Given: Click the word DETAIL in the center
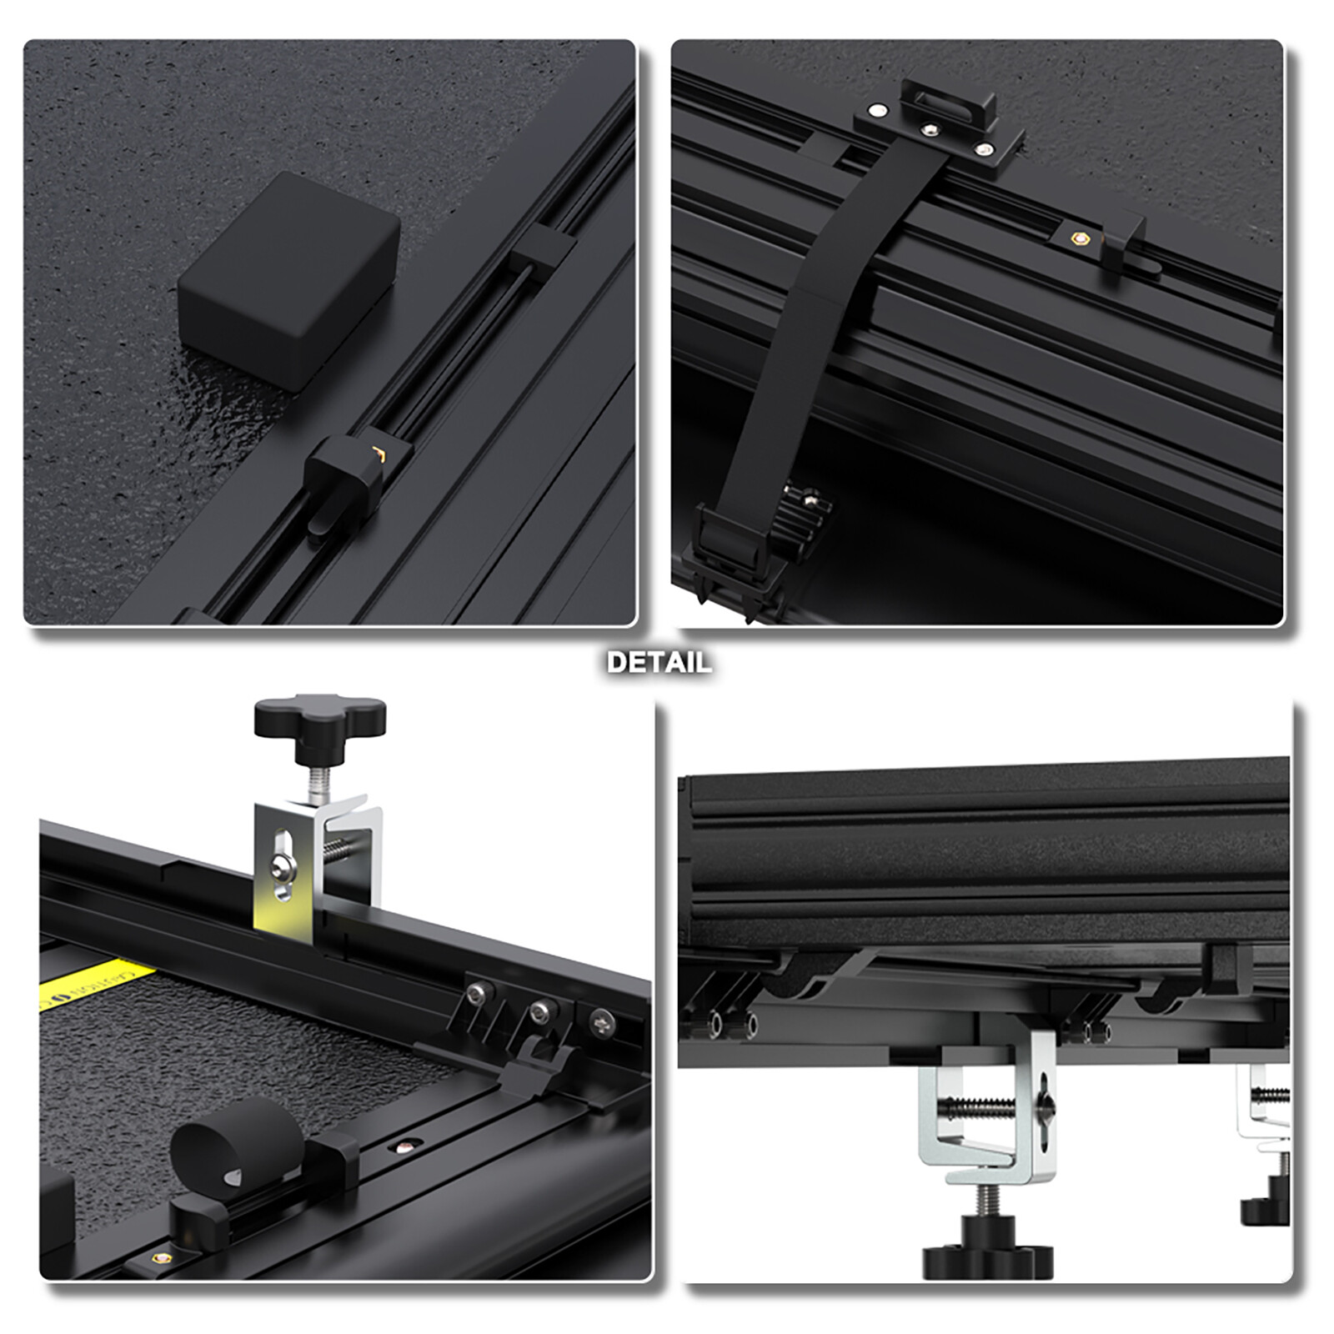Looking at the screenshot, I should point(659,663).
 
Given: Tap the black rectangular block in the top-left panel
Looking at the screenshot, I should point(288,279).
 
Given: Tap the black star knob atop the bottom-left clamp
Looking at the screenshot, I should point(319,720).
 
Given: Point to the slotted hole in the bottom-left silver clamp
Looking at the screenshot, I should point(283,863).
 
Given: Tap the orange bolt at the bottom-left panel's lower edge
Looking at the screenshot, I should point(159,1257).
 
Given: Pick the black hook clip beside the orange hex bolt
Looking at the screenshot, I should point(1126,242).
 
